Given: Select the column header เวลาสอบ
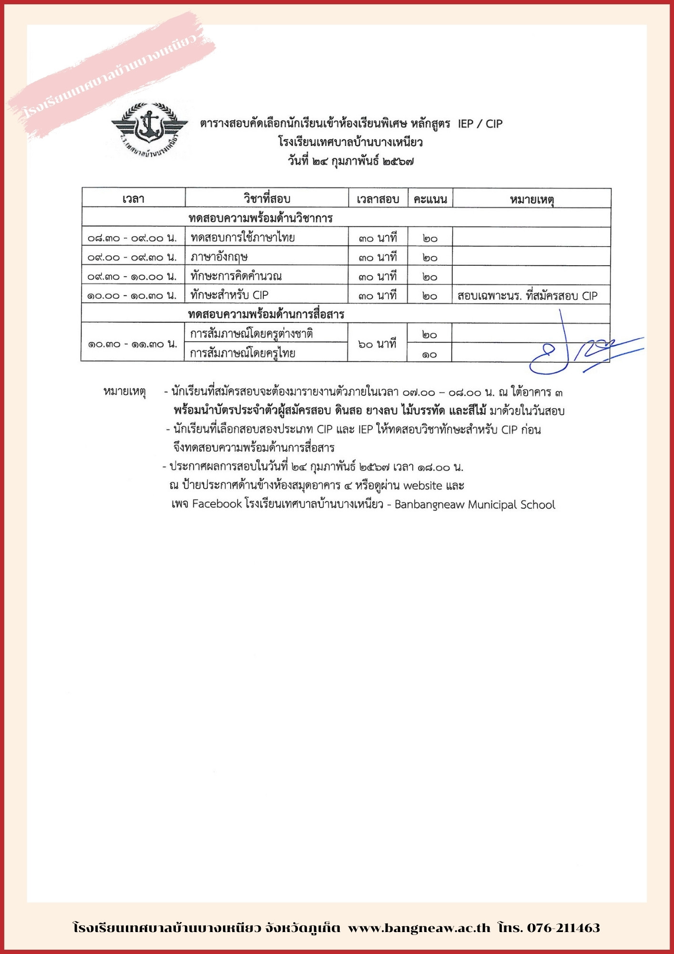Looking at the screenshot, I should pyautogui.click(x=378, y=199).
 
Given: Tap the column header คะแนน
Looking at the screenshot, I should pyautogui.click(x=430, y=199).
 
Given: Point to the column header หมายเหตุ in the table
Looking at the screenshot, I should pyautogui.click(x=531, y=199).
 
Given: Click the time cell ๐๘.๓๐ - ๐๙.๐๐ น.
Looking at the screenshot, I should pyautogui.click(x=133, y=238).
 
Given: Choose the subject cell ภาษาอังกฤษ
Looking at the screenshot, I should pyautogui.click(x=219, y=257).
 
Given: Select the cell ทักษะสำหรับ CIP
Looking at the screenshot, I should pyautogui.click(x=229, y=295).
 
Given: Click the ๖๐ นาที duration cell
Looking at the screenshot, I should pyautogui.click(x=377, y=344).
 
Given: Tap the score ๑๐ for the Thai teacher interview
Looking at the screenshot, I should pyautogui.click(x=429, y=354).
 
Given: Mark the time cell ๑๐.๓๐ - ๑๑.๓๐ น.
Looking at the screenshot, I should pyautogui.click(x=133, y=344).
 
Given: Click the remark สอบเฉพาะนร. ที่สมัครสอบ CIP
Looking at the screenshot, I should pyautogui.click(x=527, y=296).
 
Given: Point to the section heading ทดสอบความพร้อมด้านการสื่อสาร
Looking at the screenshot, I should pyautogui.click(x=266, y=314).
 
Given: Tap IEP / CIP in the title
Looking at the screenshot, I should pyautogui.click(x=480, y=124).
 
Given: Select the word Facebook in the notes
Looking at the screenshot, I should pyautogui.click(x=217, y=504).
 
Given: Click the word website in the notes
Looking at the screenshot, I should pyautogui.click(x=423, y=486).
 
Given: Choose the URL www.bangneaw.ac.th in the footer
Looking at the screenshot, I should pyautogui.click(x=419, y=928).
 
